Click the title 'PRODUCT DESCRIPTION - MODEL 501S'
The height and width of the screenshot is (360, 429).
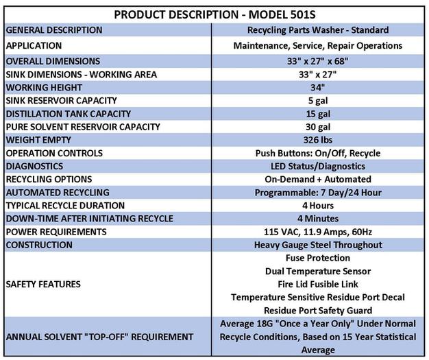[214, 14]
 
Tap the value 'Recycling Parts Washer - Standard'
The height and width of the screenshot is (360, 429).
[318, 30]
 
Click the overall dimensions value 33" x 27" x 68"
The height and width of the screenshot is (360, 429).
[318, 61]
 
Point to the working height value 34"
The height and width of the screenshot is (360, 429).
[318, 88]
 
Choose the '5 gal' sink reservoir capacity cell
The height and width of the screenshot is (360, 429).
[318, 101]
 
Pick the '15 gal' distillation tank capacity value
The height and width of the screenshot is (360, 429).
[318, 114]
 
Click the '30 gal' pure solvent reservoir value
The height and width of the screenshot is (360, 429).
[318, 127]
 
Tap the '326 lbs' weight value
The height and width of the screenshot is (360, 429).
[318, 140]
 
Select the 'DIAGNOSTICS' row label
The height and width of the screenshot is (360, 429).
[34, 166]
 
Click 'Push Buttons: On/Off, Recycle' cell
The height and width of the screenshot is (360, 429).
[318, 153]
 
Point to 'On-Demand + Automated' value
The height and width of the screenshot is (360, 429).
[318, 179]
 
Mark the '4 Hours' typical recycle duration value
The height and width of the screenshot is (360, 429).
[318, 205]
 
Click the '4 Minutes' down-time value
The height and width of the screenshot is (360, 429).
[318, 219]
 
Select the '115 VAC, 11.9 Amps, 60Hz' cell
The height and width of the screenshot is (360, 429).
[318, 232]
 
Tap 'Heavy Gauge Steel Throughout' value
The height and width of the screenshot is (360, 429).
[318, 245]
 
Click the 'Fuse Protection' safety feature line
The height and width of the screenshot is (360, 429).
[318, 258]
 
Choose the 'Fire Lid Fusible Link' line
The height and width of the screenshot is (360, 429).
[318, 284]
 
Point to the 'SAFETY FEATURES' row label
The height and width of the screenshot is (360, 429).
[42, 284]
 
